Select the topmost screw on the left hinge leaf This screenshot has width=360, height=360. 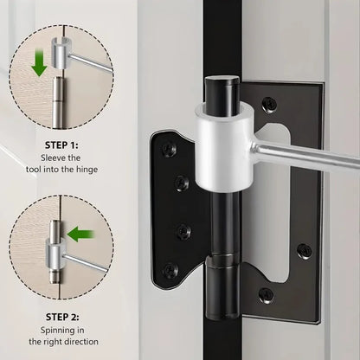pyautogui.click(x=170, y=148)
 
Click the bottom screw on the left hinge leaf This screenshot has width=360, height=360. pyautogui.click(x=170, y=269)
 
